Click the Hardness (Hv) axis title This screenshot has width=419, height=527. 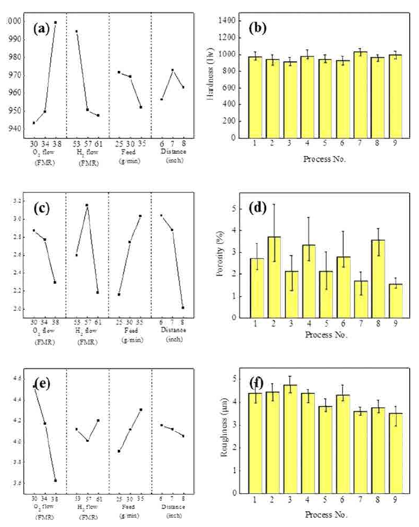211,79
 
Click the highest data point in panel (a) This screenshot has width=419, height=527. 55,22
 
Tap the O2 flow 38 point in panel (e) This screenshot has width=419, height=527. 55,481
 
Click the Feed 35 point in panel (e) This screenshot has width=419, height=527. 141,409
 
